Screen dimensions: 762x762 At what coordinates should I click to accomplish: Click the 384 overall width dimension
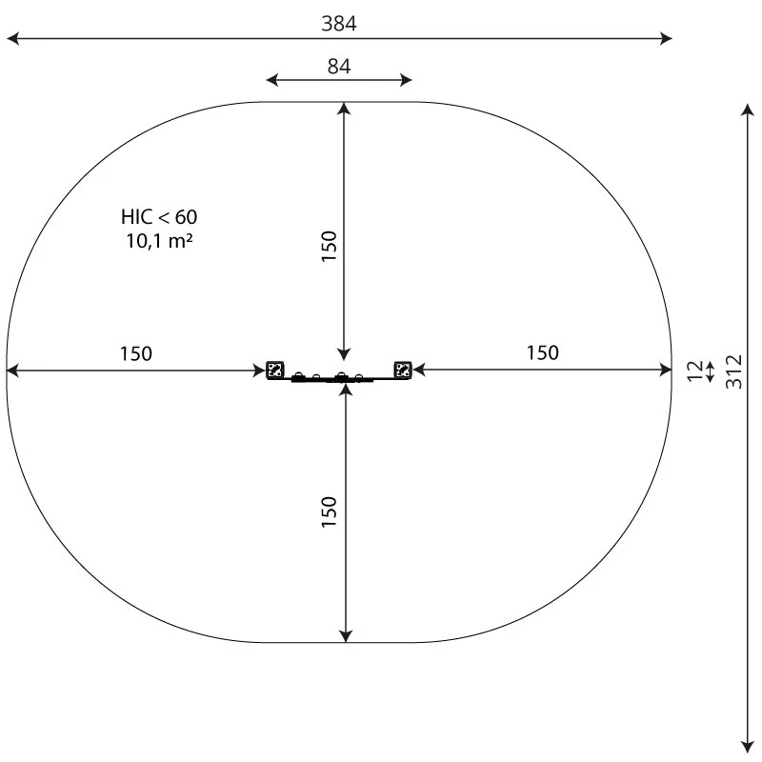point(339,25)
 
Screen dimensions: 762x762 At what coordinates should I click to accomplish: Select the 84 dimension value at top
point(339,67)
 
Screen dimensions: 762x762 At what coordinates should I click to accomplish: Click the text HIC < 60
point(159,217)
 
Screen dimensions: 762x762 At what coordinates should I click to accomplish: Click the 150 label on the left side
point(135,354)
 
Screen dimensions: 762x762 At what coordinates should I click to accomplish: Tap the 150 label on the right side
point(543,353)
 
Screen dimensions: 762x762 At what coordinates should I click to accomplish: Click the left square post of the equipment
point(275,370)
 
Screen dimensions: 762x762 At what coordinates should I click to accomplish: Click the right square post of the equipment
point(403,370)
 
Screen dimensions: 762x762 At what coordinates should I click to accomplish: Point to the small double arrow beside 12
point(710,370)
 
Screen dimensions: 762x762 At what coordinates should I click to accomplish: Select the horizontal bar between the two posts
point(339,379)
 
